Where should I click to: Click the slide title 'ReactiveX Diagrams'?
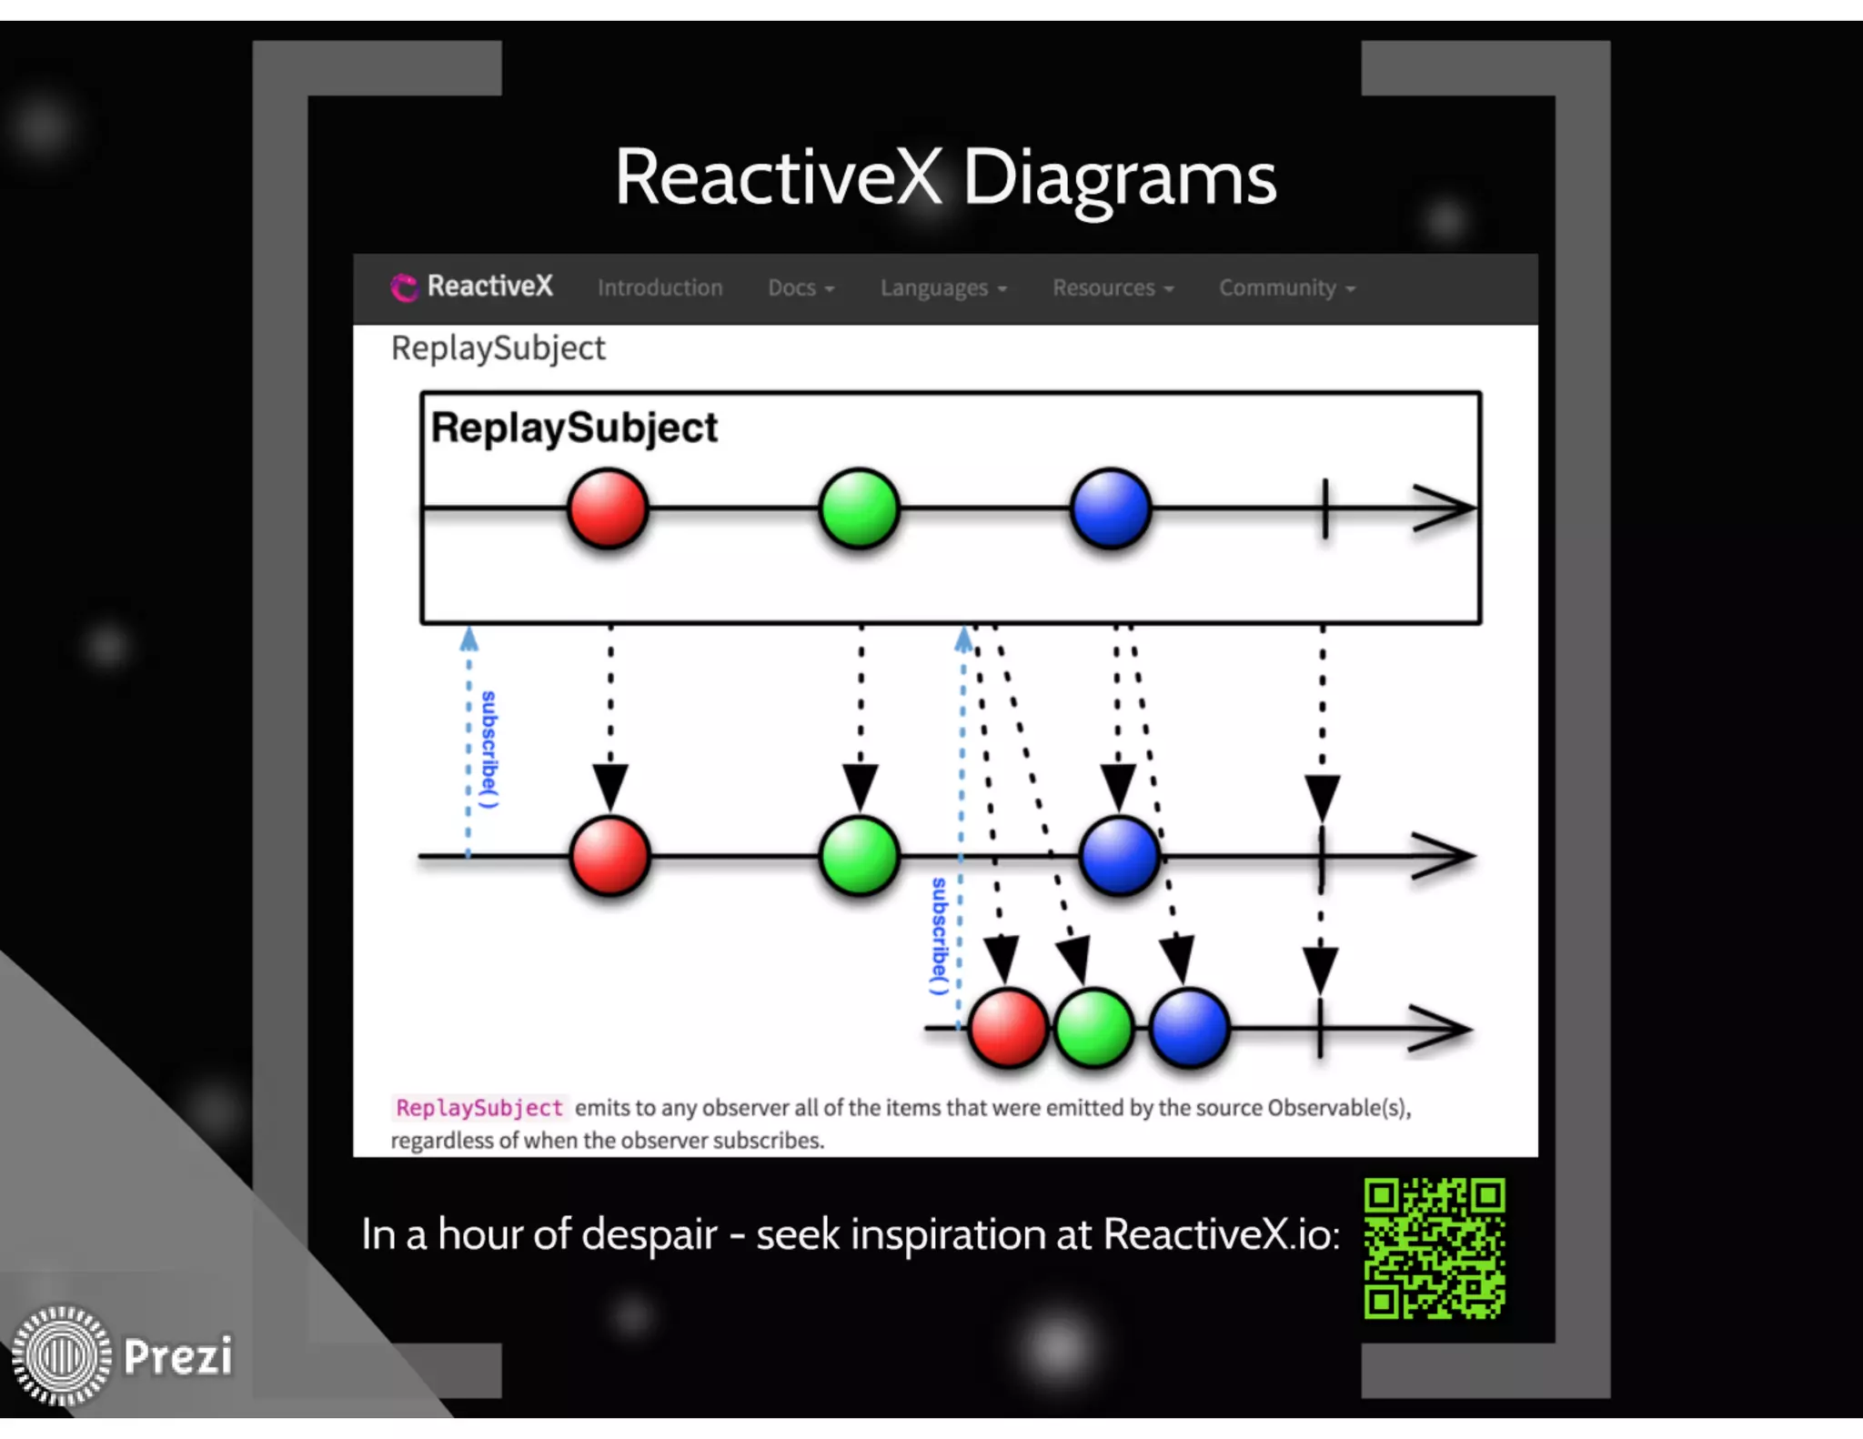pos(945,177)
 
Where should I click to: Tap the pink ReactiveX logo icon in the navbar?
pos(403,287)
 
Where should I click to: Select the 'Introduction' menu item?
pos(660,287)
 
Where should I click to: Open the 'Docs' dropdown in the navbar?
pos(801,287)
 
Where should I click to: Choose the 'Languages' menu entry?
pos(942,287)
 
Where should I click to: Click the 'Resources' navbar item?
pos(1113,287)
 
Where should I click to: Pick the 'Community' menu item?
pos(1286,287)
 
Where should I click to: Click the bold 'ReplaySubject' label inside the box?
pos(574,428)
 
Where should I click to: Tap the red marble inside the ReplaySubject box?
pos(608,508)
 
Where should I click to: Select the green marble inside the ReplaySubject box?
pos(859,508)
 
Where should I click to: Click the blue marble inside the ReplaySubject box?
pos(1111,508)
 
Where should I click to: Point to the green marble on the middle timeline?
pos(859,856)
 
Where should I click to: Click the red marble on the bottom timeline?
pos(1008,1028)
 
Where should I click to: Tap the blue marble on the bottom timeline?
pos(1189,1028)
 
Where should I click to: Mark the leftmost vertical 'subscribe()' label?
pos(489,750)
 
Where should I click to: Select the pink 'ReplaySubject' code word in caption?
pos(479,1108)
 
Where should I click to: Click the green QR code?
pos(1434,1248)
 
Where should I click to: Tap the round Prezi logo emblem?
pos(61,1355)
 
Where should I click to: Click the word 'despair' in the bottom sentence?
pos(649,1234)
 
